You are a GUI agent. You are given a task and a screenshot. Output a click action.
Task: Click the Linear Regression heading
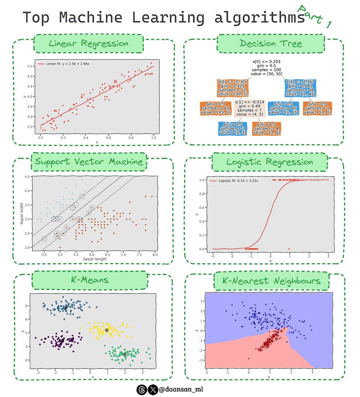88,44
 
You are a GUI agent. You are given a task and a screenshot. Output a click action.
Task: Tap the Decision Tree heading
271,44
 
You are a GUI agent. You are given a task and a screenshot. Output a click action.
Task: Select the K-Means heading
89,280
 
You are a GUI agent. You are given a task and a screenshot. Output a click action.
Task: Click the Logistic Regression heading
269,162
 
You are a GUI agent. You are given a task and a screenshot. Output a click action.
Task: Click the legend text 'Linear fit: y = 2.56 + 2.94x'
67,64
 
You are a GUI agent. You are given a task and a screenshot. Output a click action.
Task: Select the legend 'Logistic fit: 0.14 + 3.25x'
238,181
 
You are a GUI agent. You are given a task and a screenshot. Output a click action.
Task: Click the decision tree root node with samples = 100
266,68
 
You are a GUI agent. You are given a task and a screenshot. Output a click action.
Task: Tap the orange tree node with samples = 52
232,88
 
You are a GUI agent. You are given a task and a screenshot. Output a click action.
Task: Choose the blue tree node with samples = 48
300,88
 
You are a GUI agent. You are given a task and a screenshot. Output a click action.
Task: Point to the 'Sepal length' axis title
95,259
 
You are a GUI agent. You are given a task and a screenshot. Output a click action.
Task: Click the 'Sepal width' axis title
22,213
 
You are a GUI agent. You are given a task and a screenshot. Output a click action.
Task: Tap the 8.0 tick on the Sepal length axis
155,255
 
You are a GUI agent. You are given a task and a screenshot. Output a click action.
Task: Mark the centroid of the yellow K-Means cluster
106,330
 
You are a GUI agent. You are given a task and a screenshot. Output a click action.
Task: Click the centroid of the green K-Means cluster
124,354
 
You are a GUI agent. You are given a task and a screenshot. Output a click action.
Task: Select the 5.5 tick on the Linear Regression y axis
30,66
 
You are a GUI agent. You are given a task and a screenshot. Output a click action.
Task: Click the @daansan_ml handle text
181,389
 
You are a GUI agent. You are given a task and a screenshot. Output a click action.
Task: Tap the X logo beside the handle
153,390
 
